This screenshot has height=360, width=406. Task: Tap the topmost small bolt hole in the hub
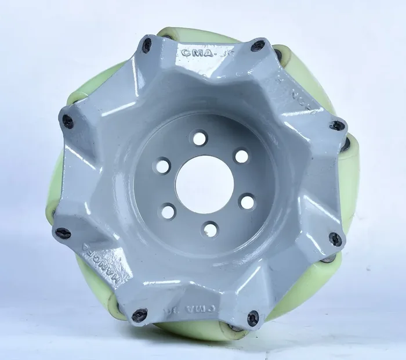pyautogui.click(x=200, y=138)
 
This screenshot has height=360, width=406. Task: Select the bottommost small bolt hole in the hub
pyautogui.click(x=211, y=230)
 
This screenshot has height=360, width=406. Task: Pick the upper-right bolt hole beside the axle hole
pyautogui.click(x=241, y=156)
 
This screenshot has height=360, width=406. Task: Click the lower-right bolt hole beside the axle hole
pyautogui.click(x=247, y=201)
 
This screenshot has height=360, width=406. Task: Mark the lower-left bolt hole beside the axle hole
pyautogui.click(x=168, y=211)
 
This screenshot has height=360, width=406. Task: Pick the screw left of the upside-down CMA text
pyautogui.click(x=140, y=315)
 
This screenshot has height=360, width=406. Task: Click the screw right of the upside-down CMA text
pyautogui.click(x=253, y=318)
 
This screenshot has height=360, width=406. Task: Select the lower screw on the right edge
pyautogui.click(x=335, y=239)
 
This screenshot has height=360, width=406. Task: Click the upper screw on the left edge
pyautogui.click(x=68, y=122)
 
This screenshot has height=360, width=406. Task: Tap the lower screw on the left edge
pyautogui.click(x=63, y=233)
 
